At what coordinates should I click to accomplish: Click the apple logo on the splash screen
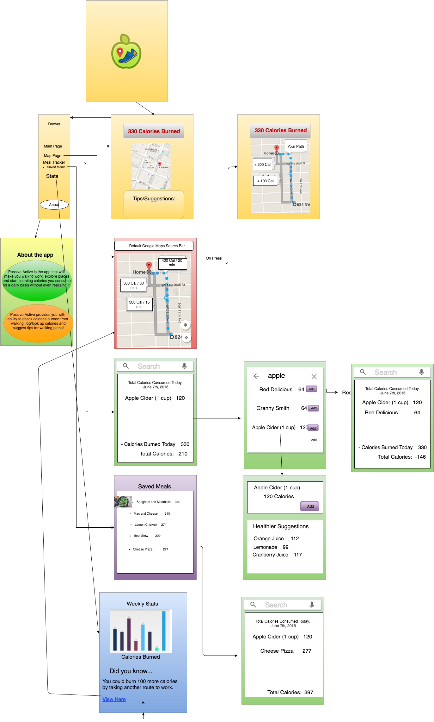tap(126, 52)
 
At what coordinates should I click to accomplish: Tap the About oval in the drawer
tap(54, 205)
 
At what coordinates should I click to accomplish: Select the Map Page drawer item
tap(52, 156)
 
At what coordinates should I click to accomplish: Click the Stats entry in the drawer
tap(52, 176)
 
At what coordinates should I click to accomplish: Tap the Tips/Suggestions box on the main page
tap(154, 204)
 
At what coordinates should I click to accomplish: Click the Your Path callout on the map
tap(296, 146)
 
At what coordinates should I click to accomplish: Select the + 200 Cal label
tap(262, 165)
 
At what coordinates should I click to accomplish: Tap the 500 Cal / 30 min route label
tap(133, 285)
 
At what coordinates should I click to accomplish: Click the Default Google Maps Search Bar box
tap(154, 246)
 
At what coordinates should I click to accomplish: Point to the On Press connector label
tap(214, 258)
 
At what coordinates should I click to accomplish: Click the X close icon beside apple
tap(314, 376)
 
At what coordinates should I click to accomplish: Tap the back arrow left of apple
tap(256, 376)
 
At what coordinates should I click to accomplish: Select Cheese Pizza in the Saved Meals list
tap(143, 549)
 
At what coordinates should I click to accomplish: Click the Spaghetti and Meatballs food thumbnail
tap(123, 502)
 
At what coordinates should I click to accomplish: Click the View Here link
tap(114, 699)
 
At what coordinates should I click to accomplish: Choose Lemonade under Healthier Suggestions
tap(265, 547)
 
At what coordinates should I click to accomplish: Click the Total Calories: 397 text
tap(290, 692)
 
